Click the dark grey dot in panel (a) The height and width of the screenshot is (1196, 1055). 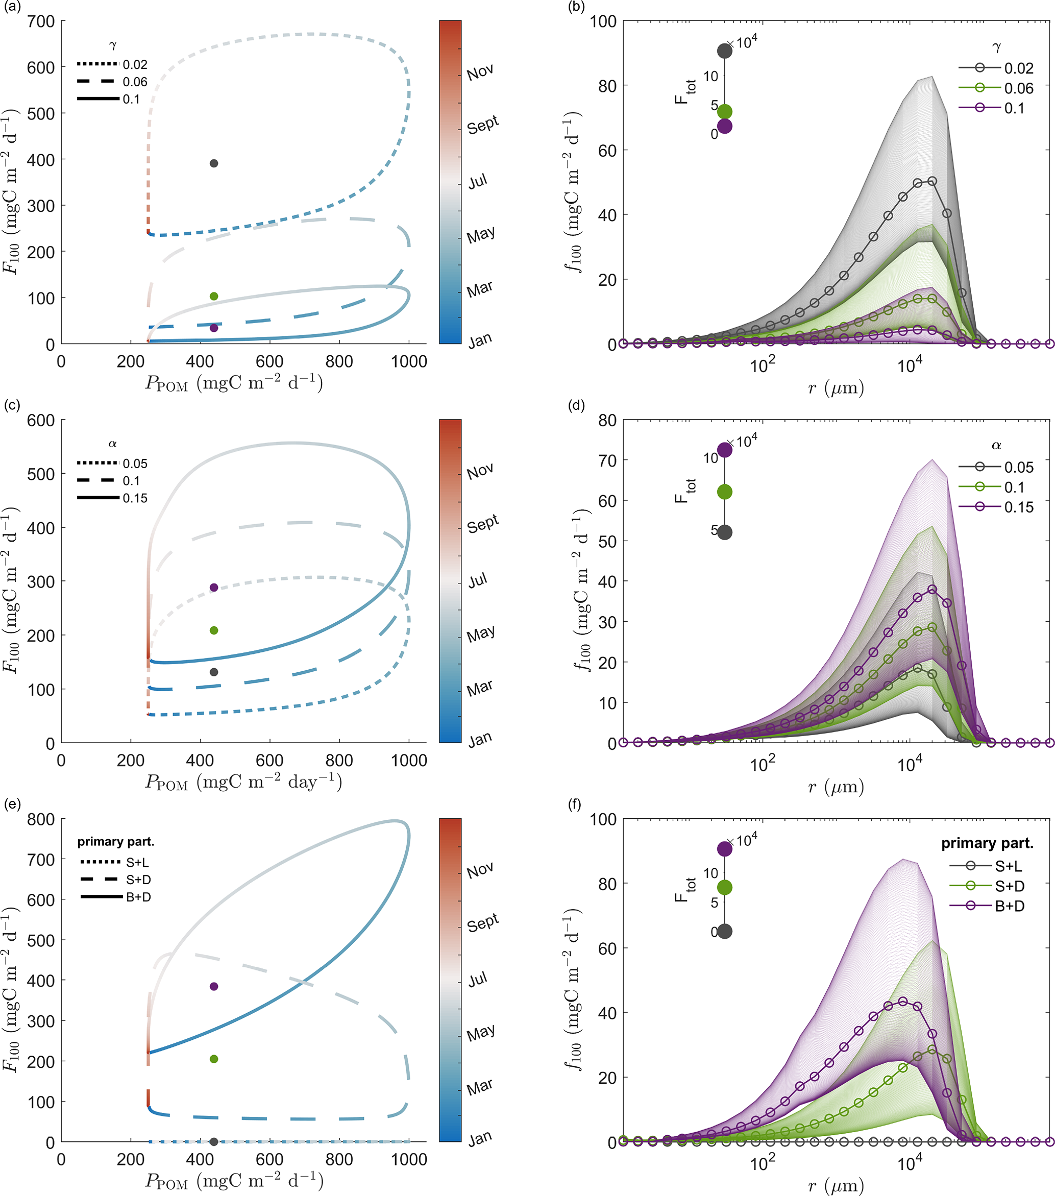tap(213, 163)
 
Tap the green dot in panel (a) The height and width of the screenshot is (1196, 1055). tap(213, 296)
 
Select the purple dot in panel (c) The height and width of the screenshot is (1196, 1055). tap(213, 588)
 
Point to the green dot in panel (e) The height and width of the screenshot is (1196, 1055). tap(213, 1059)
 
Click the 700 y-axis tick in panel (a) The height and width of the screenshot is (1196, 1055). tap(41, 21)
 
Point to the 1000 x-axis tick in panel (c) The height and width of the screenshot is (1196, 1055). tap(408, 760)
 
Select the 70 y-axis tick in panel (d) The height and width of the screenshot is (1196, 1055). tap(607, 460)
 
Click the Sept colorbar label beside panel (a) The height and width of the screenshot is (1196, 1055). tap(483, 124)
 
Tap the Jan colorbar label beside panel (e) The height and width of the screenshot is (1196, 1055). tap(480, 1139)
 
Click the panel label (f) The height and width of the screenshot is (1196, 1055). tap(575, 804)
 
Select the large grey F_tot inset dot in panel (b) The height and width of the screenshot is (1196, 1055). tap(724, 51)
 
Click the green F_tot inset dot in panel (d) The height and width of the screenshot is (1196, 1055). tap(724, 492)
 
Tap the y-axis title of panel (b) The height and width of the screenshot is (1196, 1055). tap(573, 193)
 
